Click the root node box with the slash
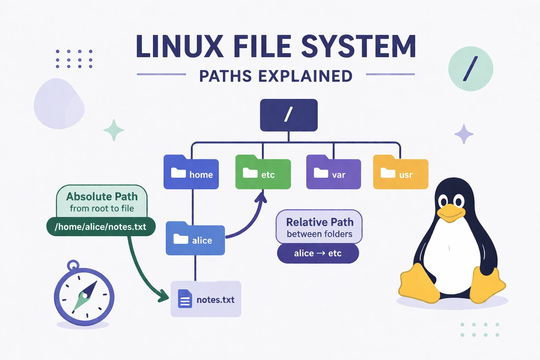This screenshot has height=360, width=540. coord(289,115)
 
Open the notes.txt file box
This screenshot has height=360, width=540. coord(206,299)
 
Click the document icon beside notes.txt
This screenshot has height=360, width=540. coord(185,299)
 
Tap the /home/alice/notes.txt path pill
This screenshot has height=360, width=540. coord(101,227)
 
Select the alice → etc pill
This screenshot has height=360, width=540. coord(318,253)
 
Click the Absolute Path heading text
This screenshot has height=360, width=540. coord(102,196)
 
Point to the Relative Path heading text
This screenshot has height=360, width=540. coord(320,222)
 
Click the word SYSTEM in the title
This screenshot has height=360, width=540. coord(359,46)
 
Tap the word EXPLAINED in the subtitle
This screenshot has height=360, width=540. coord(305,76)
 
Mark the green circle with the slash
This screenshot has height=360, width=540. coord(470,69)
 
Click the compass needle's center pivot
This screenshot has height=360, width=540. coord(85,295)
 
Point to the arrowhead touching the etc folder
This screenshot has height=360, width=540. coord(261,197)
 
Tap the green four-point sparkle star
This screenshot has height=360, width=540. coord(114,130)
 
